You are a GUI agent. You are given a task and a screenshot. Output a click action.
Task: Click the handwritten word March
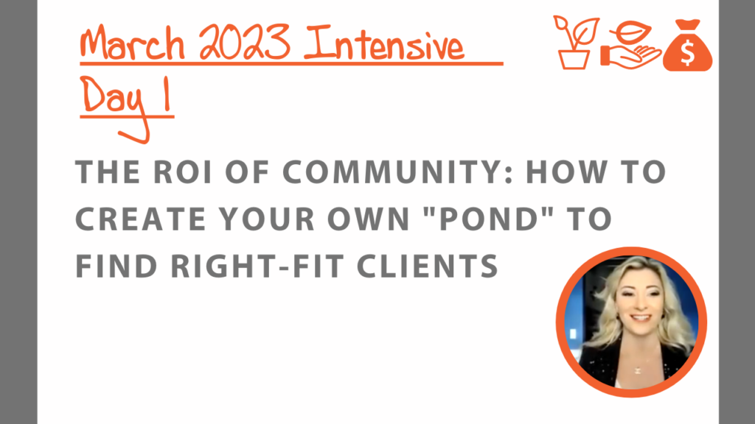133,43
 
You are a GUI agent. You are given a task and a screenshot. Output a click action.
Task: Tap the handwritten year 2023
245,42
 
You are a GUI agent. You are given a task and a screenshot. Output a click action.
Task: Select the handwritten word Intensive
383,44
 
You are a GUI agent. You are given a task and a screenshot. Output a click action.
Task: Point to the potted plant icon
576,43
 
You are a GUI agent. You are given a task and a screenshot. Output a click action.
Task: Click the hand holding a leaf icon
630,45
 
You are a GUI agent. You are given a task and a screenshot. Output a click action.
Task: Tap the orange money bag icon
688,46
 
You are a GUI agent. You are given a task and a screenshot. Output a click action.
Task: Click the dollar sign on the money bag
688,53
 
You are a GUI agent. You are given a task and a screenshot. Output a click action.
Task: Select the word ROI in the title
183,172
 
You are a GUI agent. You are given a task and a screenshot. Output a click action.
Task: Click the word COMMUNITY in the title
390,172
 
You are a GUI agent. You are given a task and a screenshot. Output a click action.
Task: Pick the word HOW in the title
566,172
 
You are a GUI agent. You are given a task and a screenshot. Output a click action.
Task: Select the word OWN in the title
369,219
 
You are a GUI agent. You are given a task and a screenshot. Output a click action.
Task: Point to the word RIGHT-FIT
257,266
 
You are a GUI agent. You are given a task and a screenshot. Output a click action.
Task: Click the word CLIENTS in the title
428,266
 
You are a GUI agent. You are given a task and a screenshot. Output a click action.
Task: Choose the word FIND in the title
116,266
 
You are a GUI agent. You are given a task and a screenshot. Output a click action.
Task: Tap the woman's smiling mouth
641,318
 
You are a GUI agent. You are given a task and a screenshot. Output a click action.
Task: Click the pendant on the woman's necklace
637,370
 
